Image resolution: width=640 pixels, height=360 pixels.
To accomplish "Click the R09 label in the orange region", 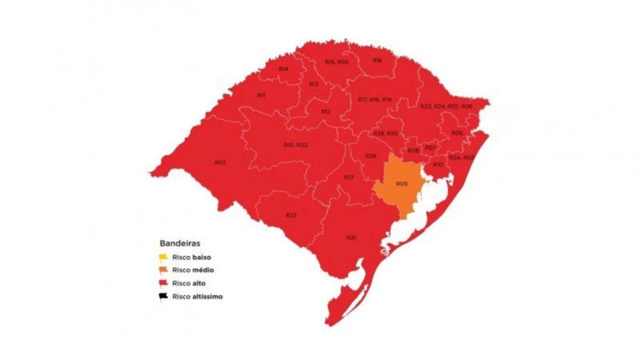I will [402, 184].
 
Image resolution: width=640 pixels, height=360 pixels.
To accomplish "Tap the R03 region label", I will [219, 162].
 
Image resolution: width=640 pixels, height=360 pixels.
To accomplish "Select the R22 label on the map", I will [291, 215].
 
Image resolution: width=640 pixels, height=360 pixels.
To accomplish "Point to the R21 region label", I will [351, 237].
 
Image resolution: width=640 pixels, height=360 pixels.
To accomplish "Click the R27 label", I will [349, 178].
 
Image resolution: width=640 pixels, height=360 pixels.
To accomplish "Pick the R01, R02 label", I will [296, 145].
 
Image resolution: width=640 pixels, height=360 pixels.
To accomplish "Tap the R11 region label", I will [261, 95].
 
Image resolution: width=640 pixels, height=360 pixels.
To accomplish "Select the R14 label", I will [283, 69].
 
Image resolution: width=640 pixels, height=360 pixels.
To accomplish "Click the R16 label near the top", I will [377, 61].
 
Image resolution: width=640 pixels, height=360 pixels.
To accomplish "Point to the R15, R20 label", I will [337, 62].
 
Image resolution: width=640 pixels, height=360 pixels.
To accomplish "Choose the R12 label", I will [326, 111].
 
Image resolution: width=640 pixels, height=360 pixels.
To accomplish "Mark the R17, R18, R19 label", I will [374, 100].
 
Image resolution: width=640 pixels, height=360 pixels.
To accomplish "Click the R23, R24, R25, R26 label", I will [446, 107].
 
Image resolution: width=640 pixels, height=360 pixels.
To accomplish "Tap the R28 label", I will [371, 156].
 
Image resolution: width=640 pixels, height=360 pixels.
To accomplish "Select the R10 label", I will [437, 164].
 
